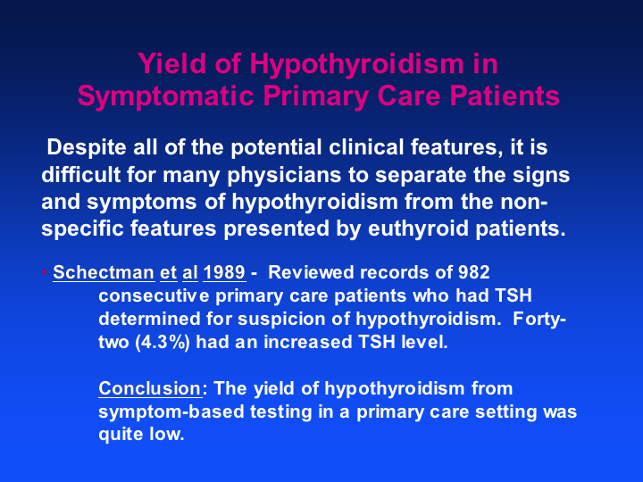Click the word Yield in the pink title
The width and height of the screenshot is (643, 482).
point(171,63)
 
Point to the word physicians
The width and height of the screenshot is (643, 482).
point(284,176)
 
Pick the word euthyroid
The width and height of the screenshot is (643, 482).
point(418,229)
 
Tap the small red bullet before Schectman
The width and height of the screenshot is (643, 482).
point(45,271)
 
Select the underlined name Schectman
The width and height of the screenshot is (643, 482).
point(104,272)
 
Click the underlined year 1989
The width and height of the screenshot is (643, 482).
point(224,272)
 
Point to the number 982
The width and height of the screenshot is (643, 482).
point(474,272)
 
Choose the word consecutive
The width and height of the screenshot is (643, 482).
point(154,296)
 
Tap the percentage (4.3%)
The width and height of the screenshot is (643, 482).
point(163,342)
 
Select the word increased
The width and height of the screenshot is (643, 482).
point(308,342)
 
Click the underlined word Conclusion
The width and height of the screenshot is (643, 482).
point(150,388)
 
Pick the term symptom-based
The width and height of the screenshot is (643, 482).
point(171,411)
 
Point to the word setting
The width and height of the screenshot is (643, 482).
point(506,411)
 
